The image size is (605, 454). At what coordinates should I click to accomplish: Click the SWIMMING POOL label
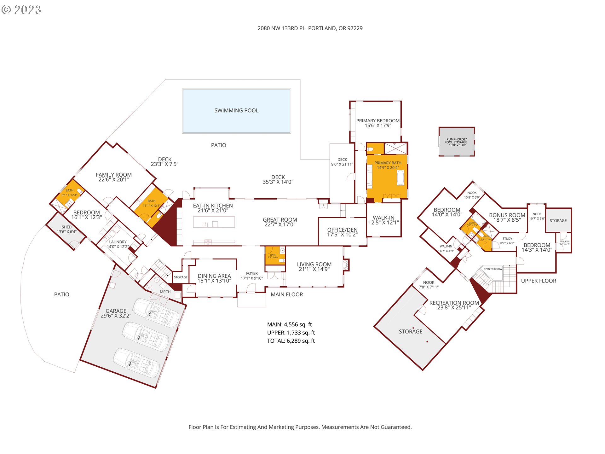(236, 111)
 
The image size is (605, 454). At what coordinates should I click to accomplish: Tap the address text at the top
(310, 28)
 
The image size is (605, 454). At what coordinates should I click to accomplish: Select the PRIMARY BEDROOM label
(378, 121)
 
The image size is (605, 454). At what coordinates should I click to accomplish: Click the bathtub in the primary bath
(400, 178)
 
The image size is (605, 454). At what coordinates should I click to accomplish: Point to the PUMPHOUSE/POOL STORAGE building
(457, 142)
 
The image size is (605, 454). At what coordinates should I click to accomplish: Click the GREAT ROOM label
(280, 220)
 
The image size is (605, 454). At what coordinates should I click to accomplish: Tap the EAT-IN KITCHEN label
(213, 206)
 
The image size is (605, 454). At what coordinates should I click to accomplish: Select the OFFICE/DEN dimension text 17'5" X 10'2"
(342, 235)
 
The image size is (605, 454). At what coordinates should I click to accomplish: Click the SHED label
(66, 227)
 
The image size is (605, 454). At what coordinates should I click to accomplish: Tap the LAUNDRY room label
(118, 242)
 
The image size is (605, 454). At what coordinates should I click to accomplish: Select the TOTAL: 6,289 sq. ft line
(291, 341)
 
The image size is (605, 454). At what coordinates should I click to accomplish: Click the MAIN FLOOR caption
(287, 294)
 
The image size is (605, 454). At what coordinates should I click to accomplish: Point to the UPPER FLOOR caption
(539, 281)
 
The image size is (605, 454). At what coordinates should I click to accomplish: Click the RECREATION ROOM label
(454, 303)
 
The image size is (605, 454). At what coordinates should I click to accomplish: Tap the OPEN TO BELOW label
(493, 269)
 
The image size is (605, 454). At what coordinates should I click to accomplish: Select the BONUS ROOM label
(507, 215)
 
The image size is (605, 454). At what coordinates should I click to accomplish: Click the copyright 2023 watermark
(21, 10)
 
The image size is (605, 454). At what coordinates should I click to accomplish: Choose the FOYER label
(252, 273)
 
